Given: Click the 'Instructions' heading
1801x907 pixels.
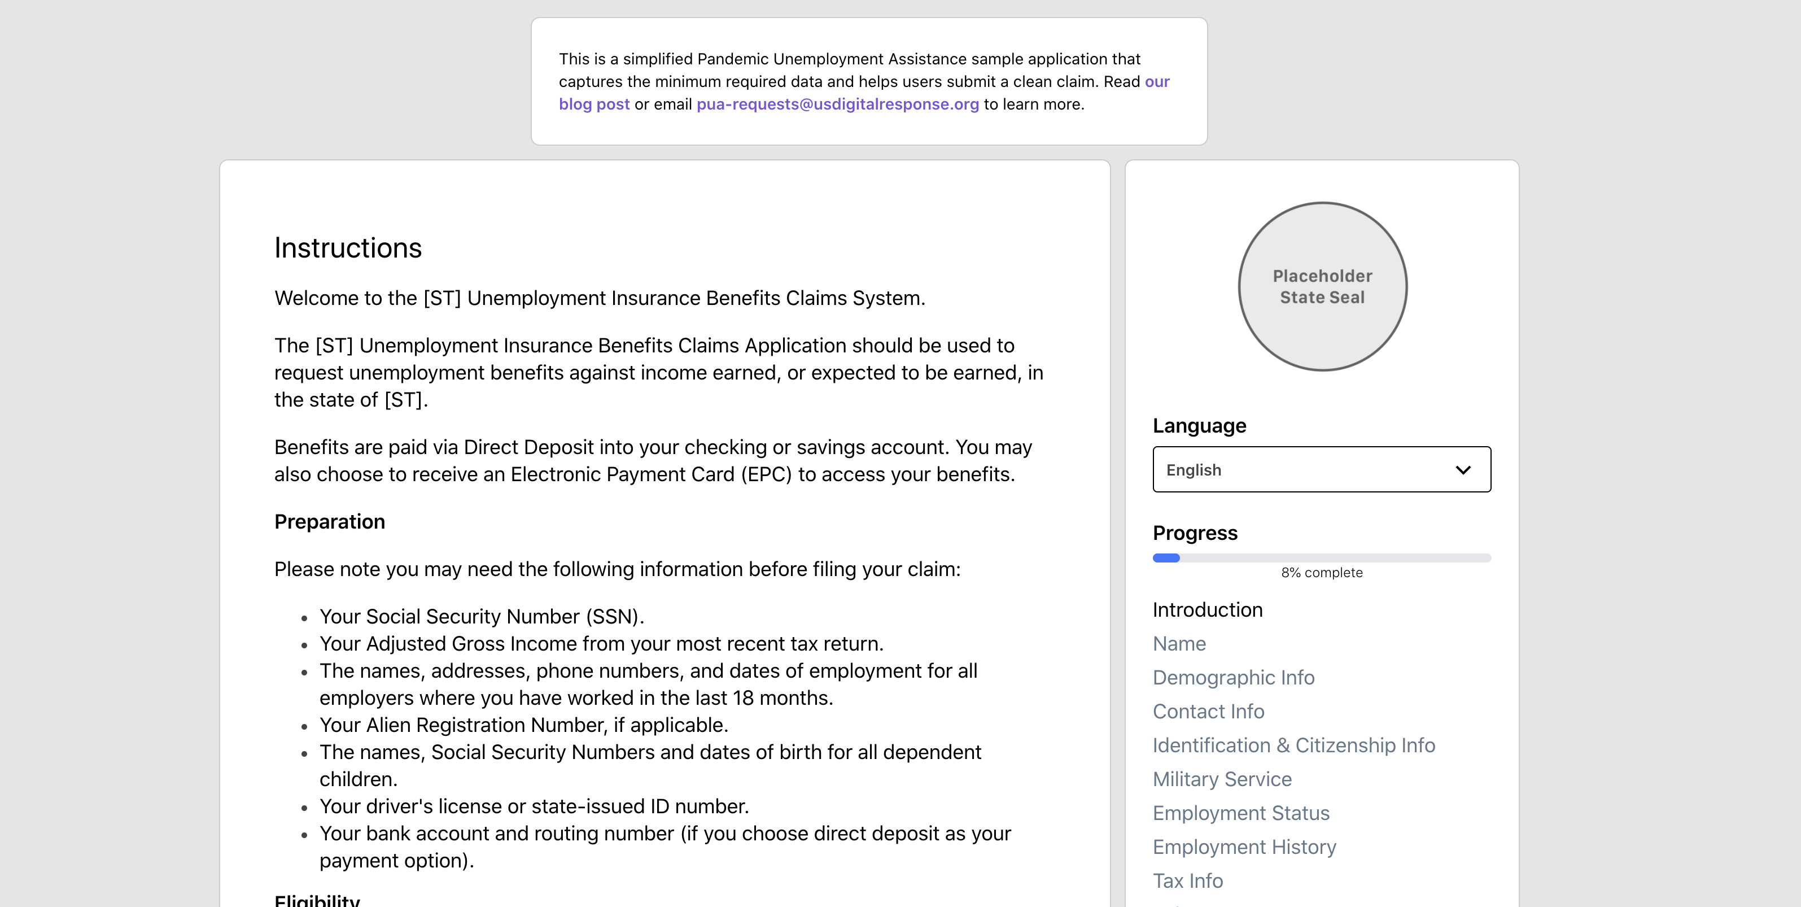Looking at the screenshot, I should click(347, 248).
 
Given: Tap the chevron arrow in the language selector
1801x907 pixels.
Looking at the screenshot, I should click(1463, 470).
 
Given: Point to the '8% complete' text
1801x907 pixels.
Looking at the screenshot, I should click(1321, 573).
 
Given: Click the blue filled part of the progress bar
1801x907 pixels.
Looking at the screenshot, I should click(1165, 558).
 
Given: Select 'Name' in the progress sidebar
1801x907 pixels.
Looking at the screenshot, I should click(1179, 643).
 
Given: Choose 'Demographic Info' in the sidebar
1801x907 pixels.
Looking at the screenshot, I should click(1233, 678).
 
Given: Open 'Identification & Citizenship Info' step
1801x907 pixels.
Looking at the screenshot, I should click(1293, 745).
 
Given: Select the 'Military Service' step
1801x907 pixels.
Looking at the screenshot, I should click(1221, 779).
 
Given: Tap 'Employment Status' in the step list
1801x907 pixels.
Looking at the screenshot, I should click(1240, 813).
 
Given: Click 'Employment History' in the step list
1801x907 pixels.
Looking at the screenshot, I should click(1244, 847).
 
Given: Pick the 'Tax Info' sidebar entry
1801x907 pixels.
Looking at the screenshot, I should click(1187, 881).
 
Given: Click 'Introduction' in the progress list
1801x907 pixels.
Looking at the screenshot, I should click(1208, 610).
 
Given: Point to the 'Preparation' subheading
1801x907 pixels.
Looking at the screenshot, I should click(329, 522).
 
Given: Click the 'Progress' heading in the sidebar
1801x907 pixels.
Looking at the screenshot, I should click(1195, 533).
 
